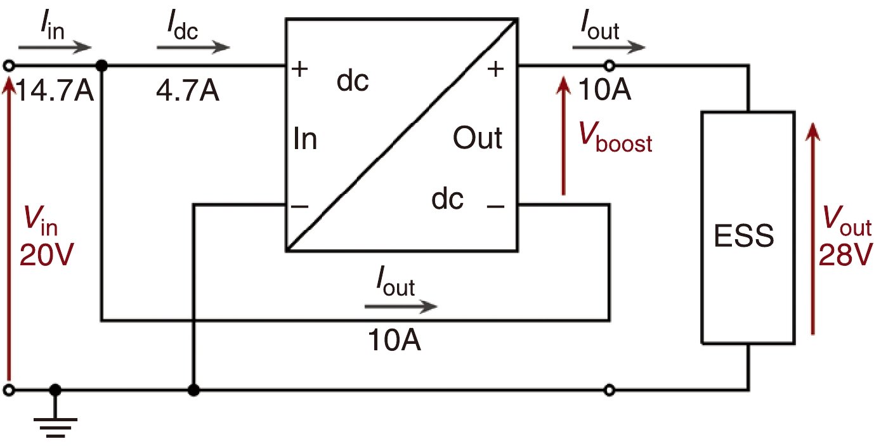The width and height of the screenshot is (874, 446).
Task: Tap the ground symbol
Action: click(x=56, y=421)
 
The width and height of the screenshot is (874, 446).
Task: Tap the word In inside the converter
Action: click(x=305, y=139)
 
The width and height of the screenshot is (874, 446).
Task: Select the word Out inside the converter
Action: click(x=478, y=138)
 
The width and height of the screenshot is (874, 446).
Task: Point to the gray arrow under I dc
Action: click(x=193, y=48)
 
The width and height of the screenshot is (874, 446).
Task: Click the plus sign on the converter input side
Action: click(x=300, y=68)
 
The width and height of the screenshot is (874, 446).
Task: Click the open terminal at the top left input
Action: click(x=9, y=65)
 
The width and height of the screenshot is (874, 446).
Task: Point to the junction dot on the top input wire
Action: click(x=100, y=65)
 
